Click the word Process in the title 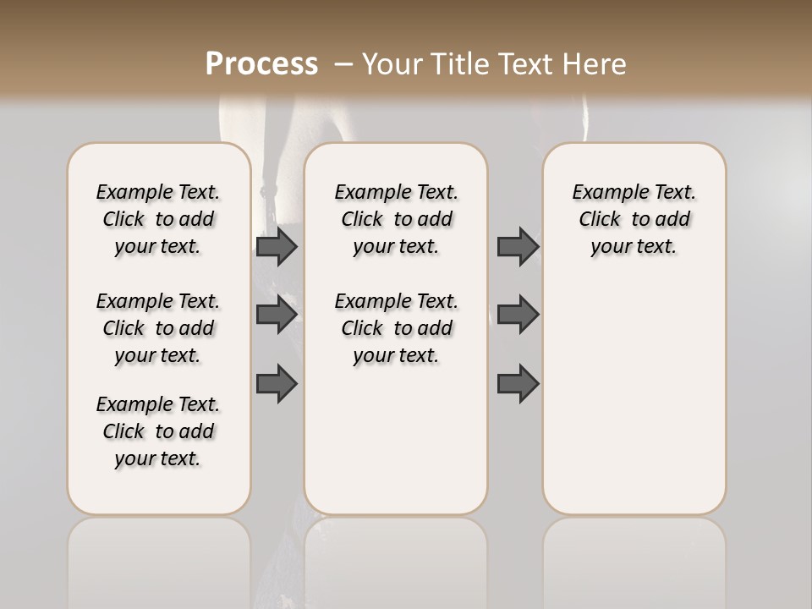[x=261, y=64]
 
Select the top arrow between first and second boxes [x=277, y=246]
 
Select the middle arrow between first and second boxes [x=277, y=315]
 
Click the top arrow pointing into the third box [x=518, y=246]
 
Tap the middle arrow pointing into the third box [x=518, y=315]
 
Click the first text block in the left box [x=158, y=219]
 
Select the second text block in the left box [x=158, y=328]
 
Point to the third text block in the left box [x=158, y=431]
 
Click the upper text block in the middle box [x=397, y=219]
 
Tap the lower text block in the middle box [x=397, y=328]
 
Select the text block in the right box [x=634, y=219]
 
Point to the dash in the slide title [x=343, y=64]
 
